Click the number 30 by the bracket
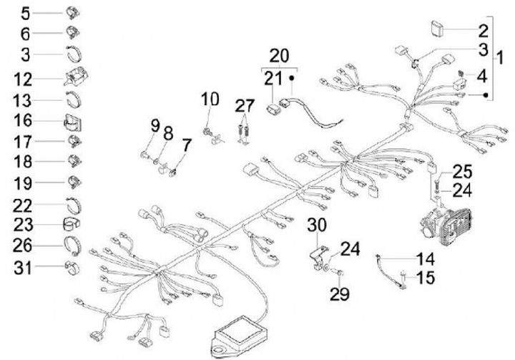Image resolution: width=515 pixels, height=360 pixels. tap(317, 225)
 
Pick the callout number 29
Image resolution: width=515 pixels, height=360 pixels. tap(340, 294)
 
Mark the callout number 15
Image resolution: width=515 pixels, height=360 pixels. tap(426, 277)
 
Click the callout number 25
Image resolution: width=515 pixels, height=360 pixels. tap(463, 172)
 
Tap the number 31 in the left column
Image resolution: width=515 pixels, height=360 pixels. tap(24, 269)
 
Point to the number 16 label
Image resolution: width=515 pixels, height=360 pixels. tap(24, 120)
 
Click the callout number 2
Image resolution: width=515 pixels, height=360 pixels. tap(483, 31)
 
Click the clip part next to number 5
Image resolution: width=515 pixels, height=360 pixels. tap(72, 12)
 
